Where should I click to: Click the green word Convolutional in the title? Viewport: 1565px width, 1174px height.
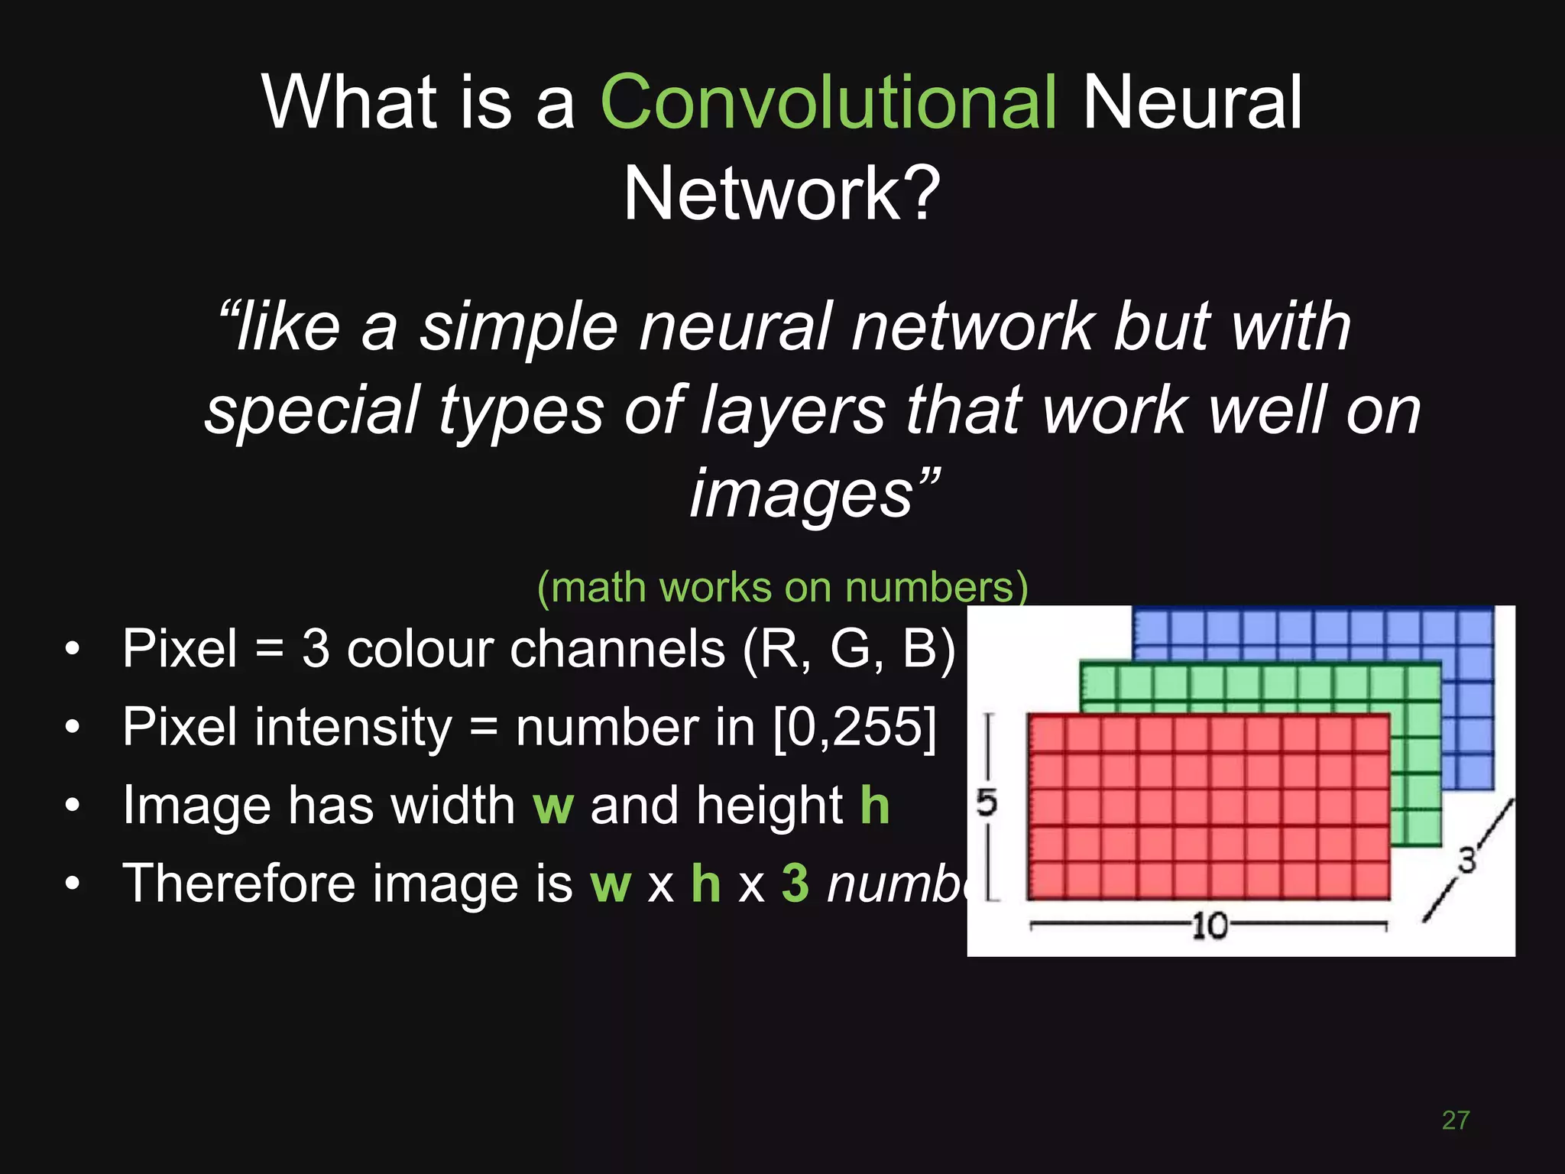tap(828, 103)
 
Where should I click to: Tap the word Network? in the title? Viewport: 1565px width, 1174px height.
tap(781, 195)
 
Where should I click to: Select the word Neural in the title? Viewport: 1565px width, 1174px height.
tap(1192, 103)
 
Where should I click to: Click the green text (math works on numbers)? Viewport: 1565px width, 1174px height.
tap(782, 588)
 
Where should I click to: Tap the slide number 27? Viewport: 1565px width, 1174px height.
tap(1455, 1120)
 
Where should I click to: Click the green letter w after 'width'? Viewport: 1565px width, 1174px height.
tap(552, 806)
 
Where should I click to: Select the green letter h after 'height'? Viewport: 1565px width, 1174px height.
tap(875, 806)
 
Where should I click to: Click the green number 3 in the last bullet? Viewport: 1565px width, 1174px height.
tap(795, 884)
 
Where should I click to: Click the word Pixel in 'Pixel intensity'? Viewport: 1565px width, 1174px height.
tap(180, 727)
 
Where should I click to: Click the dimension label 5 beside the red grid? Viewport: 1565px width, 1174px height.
tap(987, 803)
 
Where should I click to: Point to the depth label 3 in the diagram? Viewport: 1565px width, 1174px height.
tap(1466, 861)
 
